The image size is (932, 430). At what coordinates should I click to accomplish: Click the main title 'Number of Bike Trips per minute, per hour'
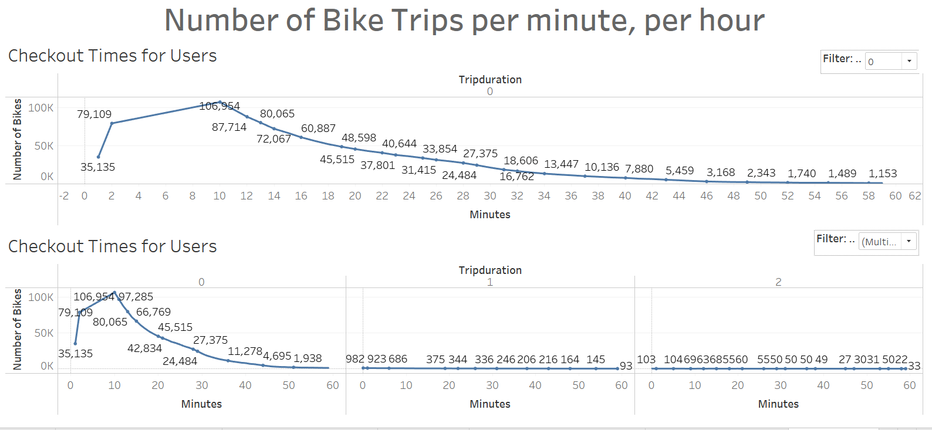point(464,21)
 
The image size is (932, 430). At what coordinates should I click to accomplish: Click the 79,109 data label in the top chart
point(94,114)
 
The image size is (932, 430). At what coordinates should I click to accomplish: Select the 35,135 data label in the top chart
point(97,167)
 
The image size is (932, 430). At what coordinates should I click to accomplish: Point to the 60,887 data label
point(318,128)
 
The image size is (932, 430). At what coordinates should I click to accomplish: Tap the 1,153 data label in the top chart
point(883,174)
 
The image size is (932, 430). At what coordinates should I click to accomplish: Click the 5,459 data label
point(680,171)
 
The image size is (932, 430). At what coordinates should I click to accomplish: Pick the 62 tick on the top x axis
point(915,196)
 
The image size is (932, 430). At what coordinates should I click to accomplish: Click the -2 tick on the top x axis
point(64,196)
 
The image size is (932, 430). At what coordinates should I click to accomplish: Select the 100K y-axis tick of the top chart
point(41,108)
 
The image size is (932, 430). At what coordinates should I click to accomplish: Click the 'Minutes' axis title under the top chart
point(490,215)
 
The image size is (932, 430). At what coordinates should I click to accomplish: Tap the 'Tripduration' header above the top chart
point(490,80)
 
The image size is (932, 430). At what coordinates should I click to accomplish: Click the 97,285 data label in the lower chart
point(136,297)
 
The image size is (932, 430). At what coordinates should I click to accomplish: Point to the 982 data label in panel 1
point(354,359)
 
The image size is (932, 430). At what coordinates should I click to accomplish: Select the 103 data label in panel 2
point(646,359)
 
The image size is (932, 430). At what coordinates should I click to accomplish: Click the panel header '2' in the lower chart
point(778,282)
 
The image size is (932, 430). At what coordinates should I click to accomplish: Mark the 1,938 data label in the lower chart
point(308,358)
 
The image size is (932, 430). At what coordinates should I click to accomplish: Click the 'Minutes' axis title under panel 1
point(490,404)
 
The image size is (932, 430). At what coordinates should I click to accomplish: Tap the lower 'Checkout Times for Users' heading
point(113,246)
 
